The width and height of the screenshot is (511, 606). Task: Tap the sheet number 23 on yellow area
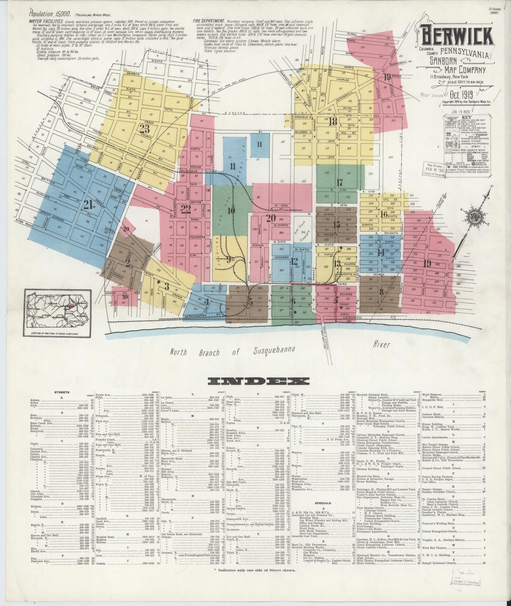(145, 129)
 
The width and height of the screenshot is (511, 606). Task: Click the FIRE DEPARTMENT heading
(211, 21)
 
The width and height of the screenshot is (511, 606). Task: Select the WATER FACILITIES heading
(46, 21)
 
